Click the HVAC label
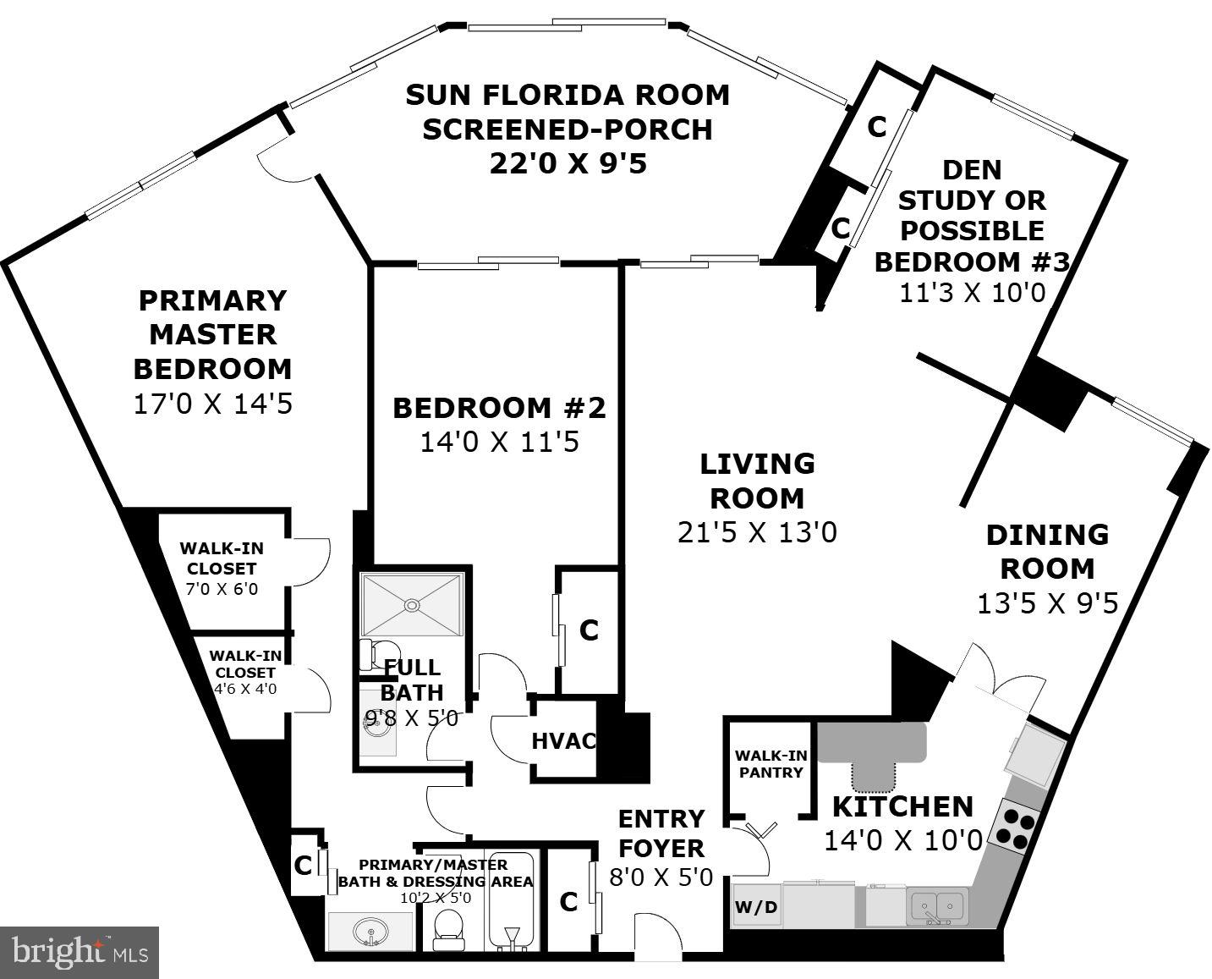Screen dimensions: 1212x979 [x=564, y=741]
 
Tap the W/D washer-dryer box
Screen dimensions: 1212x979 [x=756, y=907]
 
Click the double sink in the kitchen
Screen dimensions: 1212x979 [x=936, y=905]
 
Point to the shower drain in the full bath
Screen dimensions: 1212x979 [x=413, y=604]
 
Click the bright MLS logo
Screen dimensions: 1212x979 [x=80, y=952]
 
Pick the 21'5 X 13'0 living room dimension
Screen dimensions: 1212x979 [x=757, y=533]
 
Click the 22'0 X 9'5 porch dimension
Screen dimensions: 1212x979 [x=568, y=164]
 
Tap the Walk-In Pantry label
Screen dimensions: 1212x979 [x=771, y=764]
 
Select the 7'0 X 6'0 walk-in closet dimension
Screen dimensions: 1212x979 [x=222, y=589]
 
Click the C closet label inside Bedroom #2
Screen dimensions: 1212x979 [x=589, y=630]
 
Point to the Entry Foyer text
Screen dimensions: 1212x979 [x=661, y=833]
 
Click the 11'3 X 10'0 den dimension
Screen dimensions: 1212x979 [x=972, y=293]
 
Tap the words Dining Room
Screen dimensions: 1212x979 [x=1047, y=552]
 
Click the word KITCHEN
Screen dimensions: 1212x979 [x=902, y=806]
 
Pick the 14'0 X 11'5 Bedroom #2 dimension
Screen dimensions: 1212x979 [x=499, y=443]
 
